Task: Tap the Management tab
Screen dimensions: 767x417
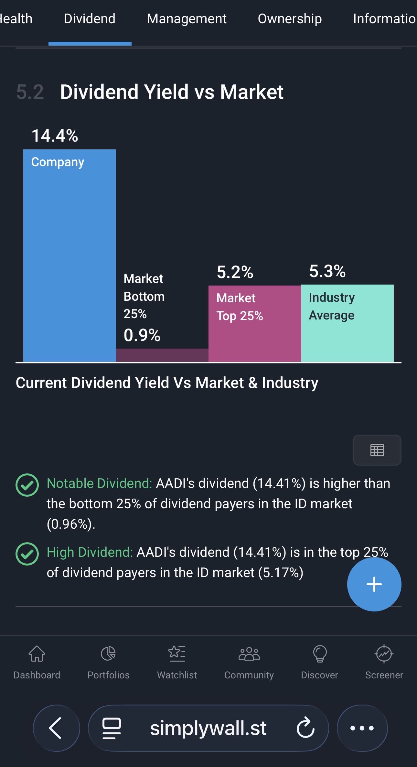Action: [187, 19]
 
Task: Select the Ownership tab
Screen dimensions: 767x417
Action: [290, 19]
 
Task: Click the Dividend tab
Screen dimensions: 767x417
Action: [90, 19]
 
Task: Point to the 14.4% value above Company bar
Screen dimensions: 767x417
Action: [55, 135]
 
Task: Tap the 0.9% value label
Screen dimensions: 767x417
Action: [142, 335]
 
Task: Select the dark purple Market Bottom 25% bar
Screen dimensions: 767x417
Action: [162, 355]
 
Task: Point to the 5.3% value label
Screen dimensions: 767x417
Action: [327, 271]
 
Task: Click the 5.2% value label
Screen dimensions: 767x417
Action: [235, 272]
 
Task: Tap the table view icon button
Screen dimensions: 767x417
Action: [377, 450]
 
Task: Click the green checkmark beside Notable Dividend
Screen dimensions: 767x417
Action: [27, 485]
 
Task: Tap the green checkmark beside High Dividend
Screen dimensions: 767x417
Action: [27, 554]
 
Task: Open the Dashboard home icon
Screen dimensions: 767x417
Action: [37, 654]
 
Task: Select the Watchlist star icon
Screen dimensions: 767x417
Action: [177, 653]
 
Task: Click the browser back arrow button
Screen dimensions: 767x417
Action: [56, 728]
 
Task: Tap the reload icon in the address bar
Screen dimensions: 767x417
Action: [305, 728]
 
